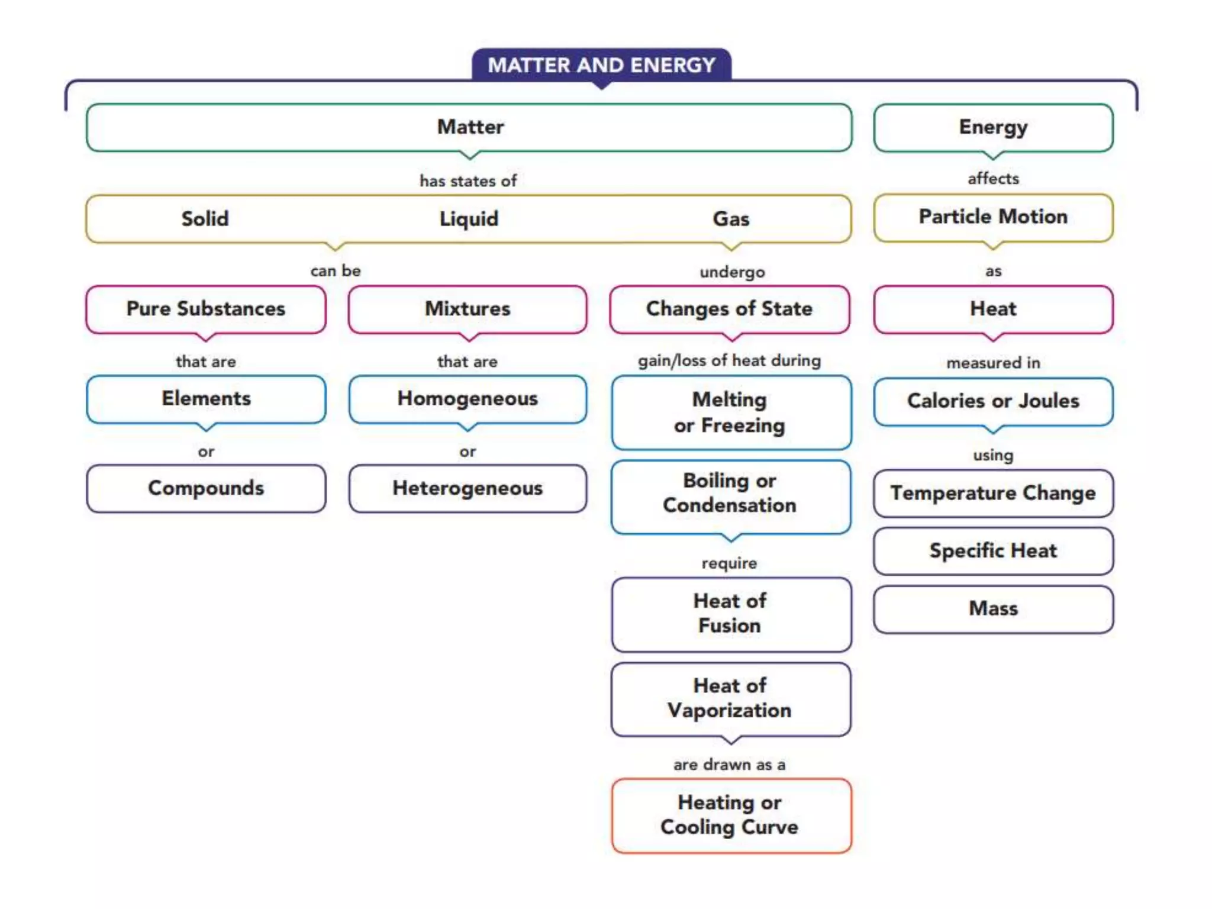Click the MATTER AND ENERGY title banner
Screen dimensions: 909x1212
[x=601, y=65]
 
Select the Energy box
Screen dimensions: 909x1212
[x=993, y=127]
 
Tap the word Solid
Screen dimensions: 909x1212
[x=205, y=219]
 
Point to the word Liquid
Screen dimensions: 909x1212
[x=469, y=219]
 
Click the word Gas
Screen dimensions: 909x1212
[x=731, y=219]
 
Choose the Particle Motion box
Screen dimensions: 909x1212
[x=993, y=217]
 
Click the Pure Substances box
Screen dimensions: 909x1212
[x=206, y=309]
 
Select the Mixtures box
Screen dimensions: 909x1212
[x=468, y=309]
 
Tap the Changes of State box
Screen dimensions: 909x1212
[x=729, y=309]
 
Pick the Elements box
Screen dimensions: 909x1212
[x=206, y=399]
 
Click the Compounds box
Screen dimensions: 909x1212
[x=206, y=488]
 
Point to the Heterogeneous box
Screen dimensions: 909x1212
[x=468, y=488]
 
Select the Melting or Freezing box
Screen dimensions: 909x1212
[x=730, y=412]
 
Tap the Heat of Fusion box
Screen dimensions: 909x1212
[x=730, y=614]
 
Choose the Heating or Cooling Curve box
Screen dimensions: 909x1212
[x=730, y=815]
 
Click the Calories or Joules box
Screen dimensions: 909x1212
[x=993, y=401]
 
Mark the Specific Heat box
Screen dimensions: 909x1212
[x=993, y=551]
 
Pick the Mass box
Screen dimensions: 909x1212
[x=993, y=609]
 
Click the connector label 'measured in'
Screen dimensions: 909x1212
[x=993, y=363]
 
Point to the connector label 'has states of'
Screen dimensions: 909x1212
[x=468, y=181]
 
